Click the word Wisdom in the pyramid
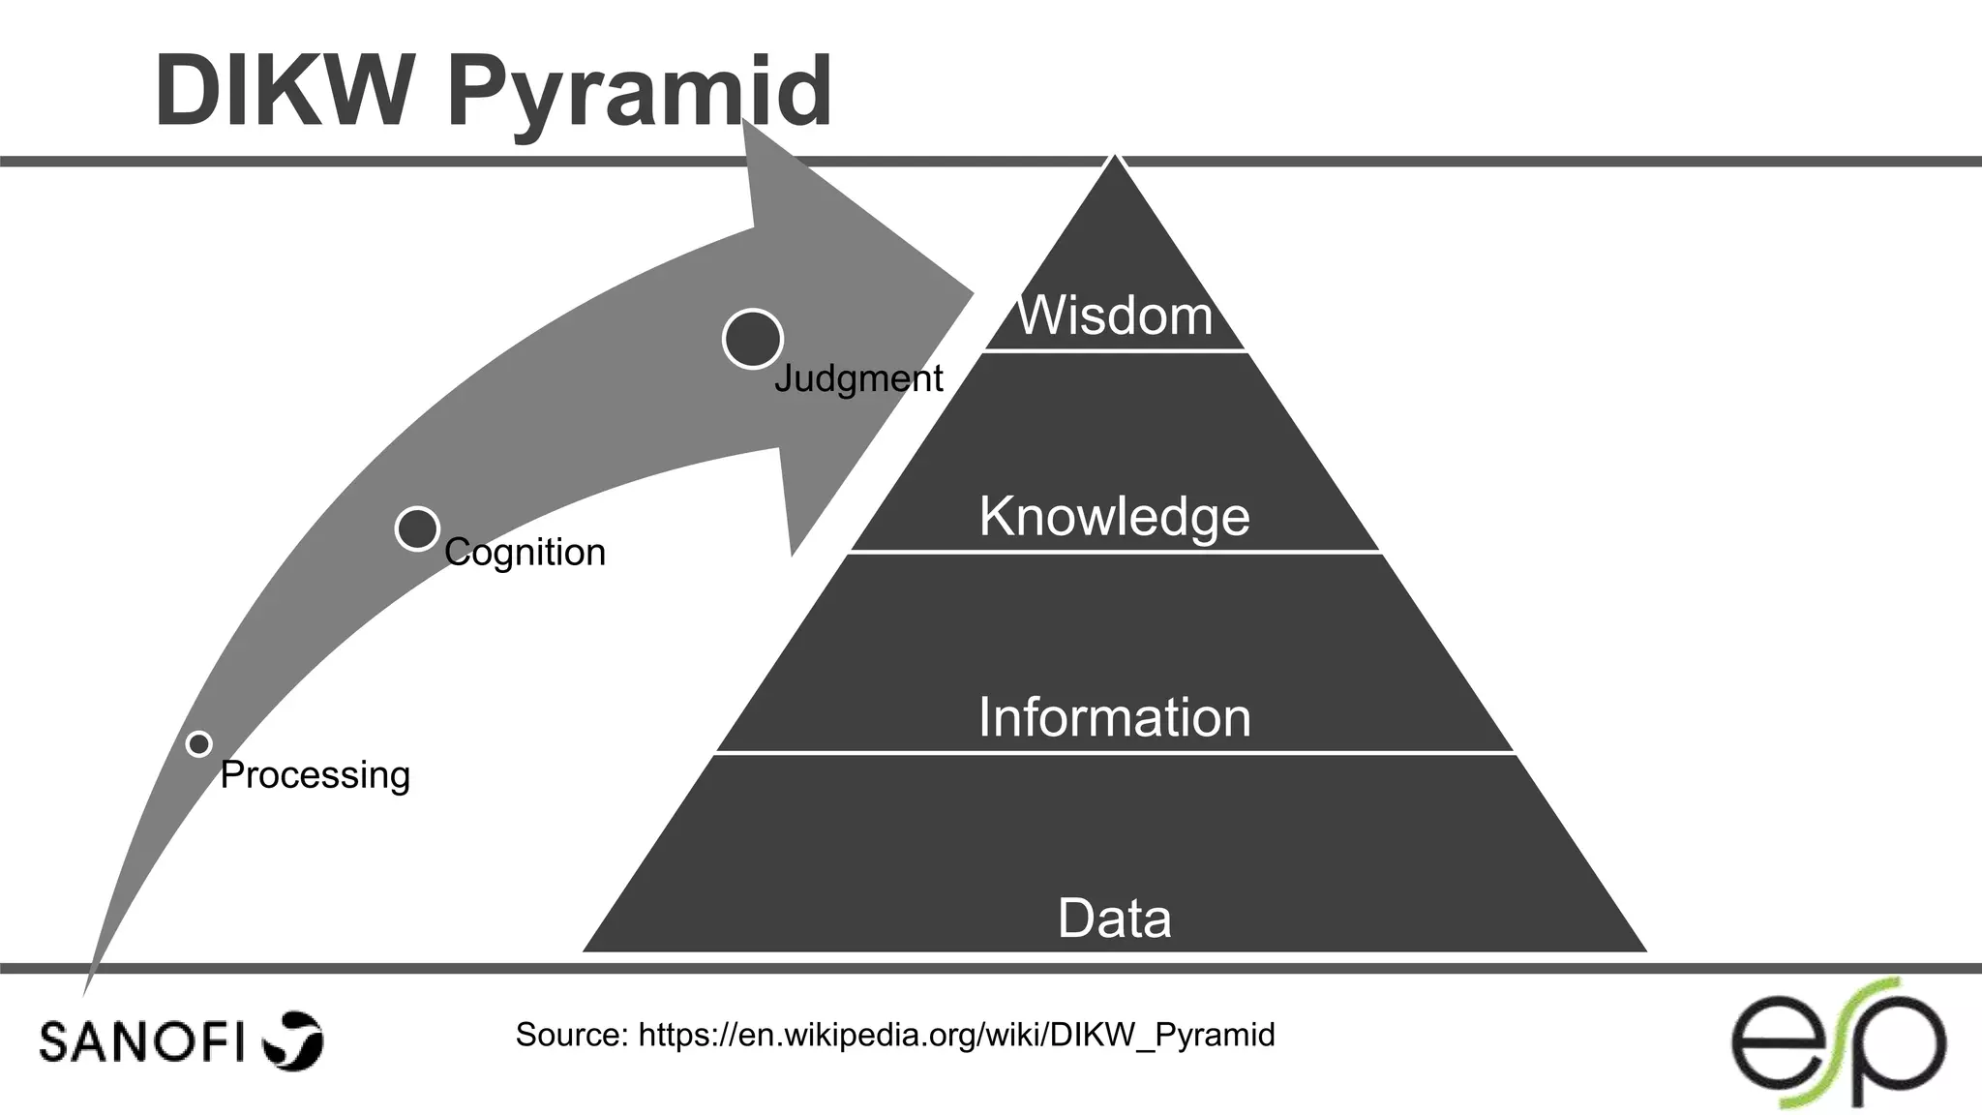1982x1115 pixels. click(1114, 316)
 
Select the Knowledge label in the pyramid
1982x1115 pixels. click(1114, 516)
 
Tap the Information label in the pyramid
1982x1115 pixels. click(1114, 717)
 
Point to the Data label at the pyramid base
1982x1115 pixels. click(1114, 918)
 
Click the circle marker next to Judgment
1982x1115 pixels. click(753, 339)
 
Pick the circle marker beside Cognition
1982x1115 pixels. click(418, 528)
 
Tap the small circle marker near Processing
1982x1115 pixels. click(199, 744)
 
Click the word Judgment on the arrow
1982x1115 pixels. click(858, 378)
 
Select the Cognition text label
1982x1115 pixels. click(525, 553)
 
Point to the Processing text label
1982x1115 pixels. click(315, 775)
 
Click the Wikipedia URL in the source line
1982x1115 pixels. click(956, 1035)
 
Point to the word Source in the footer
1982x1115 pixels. click(572, 1035)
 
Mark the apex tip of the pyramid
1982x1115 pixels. click(1115, 157)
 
